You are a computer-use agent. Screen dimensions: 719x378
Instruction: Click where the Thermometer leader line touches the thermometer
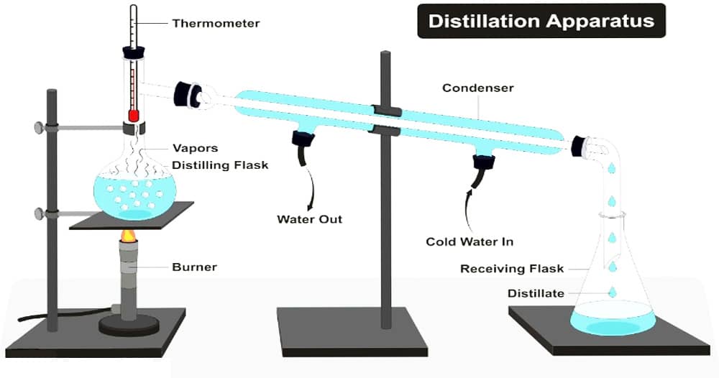pyautogui.click(x=136, y=23)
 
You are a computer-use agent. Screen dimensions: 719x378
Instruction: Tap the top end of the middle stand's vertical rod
pyautogui.click(x=385, y=52)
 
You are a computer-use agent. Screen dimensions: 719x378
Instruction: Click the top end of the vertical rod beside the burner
pyautogui.click(x=51, y=91)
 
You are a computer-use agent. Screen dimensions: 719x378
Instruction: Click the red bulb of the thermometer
pyautogui.click(x=134, y=116)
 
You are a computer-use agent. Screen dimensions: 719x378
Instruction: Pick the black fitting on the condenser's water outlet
pyautogui.click(x=302, y=137)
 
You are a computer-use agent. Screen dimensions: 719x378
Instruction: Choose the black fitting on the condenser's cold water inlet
pyautogui.click(x=484, y=161)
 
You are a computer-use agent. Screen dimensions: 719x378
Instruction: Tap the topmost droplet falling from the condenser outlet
pyautogui.click(x=611, y=168)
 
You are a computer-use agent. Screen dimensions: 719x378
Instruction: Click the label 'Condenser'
pyautogui.click(x=478, y=88)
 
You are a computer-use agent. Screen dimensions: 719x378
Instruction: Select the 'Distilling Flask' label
pyautogui.click(x=220, y=165)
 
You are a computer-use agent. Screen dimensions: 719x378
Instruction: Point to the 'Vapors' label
pyautogui.click(x=195, y=148)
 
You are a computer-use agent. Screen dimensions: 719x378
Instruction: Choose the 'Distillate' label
pyautogui.click(x=536, y=293)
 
